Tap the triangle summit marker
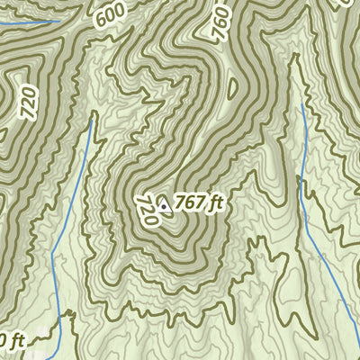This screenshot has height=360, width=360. pyautogui.click(x=164, y=204)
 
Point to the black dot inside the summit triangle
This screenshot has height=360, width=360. pyautogui.click(x=164, y=205)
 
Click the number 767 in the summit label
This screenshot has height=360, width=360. pyautogui.click(x=190, y=202)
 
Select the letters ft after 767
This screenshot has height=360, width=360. pyautogui.click(x=214, y=202)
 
